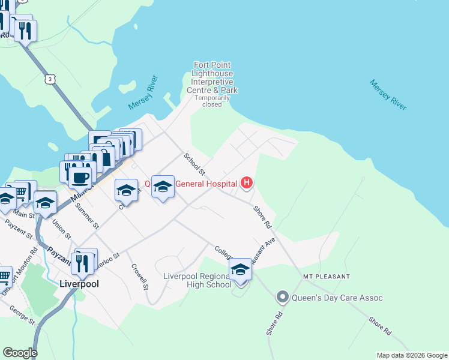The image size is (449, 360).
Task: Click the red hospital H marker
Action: point(246,182)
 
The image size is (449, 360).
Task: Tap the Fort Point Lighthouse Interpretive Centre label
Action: point(212,77)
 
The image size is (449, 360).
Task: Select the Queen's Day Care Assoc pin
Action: point(283,296)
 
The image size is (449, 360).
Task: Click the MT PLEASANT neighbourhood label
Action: point(326,277)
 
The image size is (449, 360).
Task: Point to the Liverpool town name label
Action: point(79,283)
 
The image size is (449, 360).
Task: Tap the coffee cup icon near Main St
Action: point(80,178)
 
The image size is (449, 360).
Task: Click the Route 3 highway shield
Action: point(49,78)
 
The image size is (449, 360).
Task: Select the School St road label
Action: point(194,164)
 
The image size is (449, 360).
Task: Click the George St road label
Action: point(22,314)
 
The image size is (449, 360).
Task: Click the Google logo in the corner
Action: point(20,353)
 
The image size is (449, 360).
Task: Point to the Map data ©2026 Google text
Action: point(411,355)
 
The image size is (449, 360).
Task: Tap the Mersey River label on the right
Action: point(388,95)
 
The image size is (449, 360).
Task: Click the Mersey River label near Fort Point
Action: point(143,93)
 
